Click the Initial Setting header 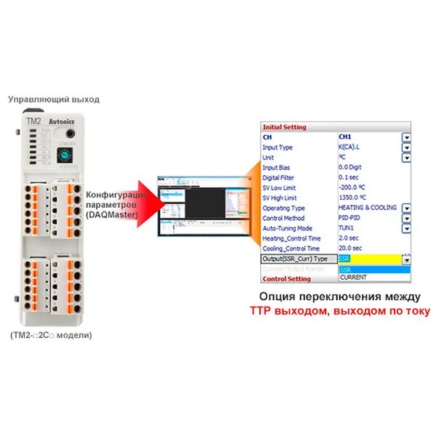pyautogui.click(x=285, y=127)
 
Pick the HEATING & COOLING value pyautogui.click(x=368, y=208)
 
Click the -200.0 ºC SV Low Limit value pyautogui.click(x=356, y=187)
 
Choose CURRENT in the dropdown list pyautogui.click(x=354, y=278)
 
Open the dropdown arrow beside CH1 pyautogui.click(x=407, y=137)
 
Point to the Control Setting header pyautogui.click(x=286, y=278)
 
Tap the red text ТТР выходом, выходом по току pyautogui.click(x=339, y=311)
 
